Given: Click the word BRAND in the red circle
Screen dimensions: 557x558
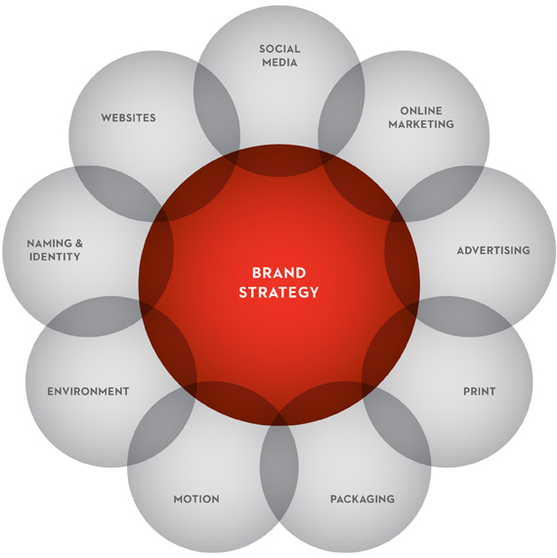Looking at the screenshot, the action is tap(279, 273).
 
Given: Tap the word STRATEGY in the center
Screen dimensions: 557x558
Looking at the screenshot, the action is tap(278, 292).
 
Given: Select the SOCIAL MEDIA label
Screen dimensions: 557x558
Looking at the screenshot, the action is tap(279, 56).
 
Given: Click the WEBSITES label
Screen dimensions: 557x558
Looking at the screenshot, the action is tap(128, 118).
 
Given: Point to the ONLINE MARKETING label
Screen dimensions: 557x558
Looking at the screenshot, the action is tap(421, 117).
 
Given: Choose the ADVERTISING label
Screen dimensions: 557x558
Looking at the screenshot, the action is tap(493, 250).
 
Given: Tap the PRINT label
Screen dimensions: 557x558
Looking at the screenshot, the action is tap(480, 392).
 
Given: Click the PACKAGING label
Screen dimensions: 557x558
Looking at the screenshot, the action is tap(363, 499).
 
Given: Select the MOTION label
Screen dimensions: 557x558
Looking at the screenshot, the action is tap(196, 499).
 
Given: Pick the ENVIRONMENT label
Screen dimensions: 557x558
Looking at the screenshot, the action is tap(88, 392).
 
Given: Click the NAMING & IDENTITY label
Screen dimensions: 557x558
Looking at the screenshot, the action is tap(55, 250).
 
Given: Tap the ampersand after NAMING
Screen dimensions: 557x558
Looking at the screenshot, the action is tap(78, 243).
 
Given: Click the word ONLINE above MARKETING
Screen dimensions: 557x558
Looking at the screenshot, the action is tap(421, 110).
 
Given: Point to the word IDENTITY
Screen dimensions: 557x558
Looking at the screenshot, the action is tap(55, 257).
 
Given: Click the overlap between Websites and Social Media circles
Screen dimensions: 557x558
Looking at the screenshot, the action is tap(217, 107).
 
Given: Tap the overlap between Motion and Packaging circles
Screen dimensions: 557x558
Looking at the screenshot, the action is tap(279, 466).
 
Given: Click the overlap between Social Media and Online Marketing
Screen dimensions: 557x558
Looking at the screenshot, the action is tap(341, 107).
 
